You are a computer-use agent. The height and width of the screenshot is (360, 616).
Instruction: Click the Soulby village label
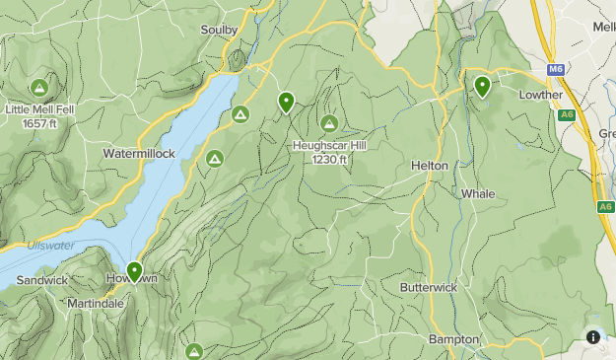(x=219, y=31)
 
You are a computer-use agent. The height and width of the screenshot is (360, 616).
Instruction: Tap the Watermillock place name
(x=139, y=154)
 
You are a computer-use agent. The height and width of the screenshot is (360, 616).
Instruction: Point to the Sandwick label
(x=41, y=280)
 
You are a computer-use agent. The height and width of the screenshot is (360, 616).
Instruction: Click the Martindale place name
(x=96, y=304)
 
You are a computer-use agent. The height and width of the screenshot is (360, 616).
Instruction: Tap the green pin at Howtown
(x=134, y=271)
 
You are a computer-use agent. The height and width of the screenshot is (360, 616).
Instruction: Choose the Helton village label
(x=430, y=166)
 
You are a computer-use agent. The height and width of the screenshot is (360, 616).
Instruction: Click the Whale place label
(x=478, y=194)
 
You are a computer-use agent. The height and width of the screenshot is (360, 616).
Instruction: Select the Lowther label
(x=541, y=95)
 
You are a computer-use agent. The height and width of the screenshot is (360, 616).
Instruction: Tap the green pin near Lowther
(x=482, y=86)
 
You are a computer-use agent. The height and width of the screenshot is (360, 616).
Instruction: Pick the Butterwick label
(x=429, y=287)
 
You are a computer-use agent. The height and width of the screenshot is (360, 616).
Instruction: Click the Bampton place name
(x=453, y=339)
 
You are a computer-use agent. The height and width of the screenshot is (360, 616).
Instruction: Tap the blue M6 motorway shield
(x=556, y=69)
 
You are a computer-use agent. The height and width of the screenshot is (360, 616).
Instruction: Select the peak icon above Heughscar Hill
(x=329, y=123)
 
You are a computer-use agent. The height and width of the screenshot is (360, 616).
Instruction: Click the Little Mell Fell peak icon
(x=38, y=88)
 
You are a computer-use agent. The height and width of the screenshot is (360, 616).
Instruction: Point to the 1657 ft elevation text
(x=38, y=123)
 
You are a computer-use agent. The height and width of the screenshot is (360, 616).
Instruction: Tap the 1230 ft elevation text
(x=329, y=160)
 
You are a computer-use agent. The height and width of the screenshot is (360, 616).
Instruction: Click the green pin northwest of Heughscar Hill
(x=286, y=101)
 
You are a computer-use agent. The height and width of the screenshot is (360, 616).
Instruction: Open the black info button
(x=593, y=336)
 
